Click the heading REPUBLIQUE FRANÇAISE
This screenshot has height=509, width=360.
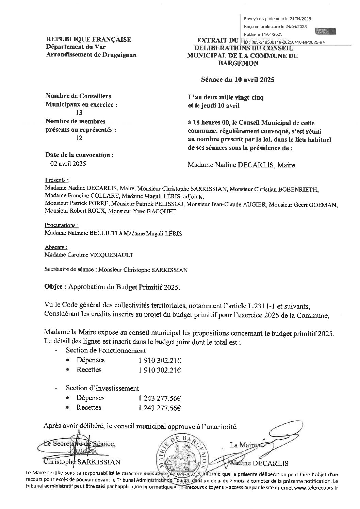[x=88, y=40]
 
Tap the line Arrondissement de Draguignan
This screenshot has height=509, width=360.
[x=91, y=55]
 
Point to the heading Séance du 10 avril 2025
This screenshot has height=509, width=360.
[x=238, y=80]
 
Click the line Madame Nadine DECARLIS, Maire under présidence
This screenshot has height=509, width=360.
[x=241, y=165]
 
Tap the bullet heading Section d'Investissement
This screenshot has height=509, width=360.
[x=102, y=388]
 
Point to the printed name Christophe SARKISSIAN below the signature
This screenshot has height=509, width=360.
[x=82, y=462]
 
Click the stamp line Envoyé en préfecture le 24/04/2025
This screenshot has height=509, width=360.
[x=277, y=19]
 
